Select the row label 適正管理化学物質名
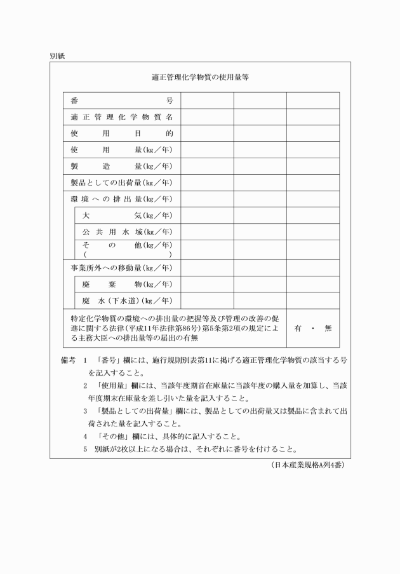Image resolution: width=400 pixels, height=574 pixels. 122,117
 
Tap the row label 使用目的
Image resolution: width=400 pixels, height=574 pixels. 122,133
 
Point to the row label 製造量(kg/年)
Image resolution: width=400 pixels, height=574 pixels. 122,167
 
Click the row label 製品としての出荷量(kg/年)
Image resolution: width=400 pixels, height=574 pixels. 122,183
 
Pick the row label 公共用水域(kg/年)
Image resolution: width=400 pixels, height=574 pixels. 128,232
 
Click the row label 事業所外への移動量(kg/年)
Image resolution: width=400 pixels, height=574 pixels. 122,268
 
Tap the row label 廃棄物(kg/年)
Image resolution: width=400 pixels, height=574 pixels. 128,284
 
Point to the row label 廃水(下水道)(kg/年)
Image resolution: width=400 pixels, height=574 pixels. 128,301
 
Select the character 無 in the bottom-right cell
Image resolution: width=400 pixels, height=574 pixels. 328,328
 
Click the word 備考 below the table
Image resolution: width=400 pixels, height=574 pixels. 68,360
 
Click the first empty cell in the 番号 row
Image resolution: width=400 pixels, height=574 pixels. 207,100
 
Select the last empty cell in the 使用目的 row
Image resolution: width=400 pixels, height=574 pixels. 312,133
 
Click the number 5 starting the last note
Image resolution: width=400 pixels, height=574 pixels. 85,449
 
